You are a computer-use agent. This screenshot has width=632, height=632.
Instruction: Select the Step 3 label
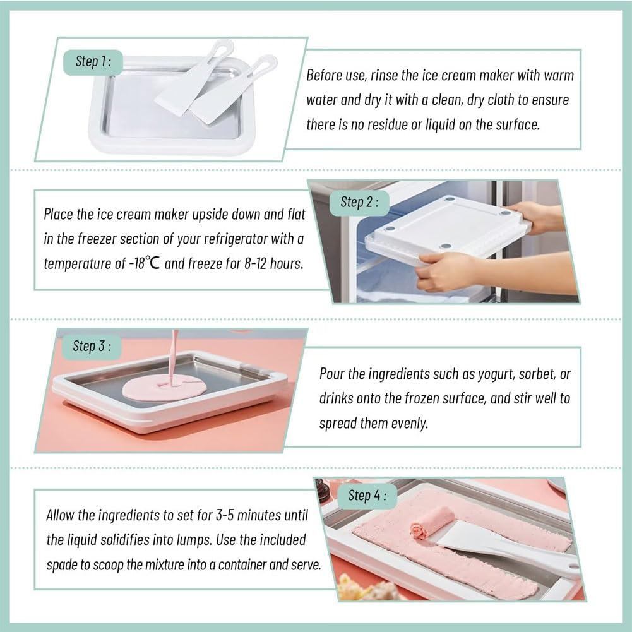92,346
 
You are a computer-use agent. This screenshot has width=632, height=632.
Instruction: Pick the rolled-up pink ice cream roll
431,523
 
